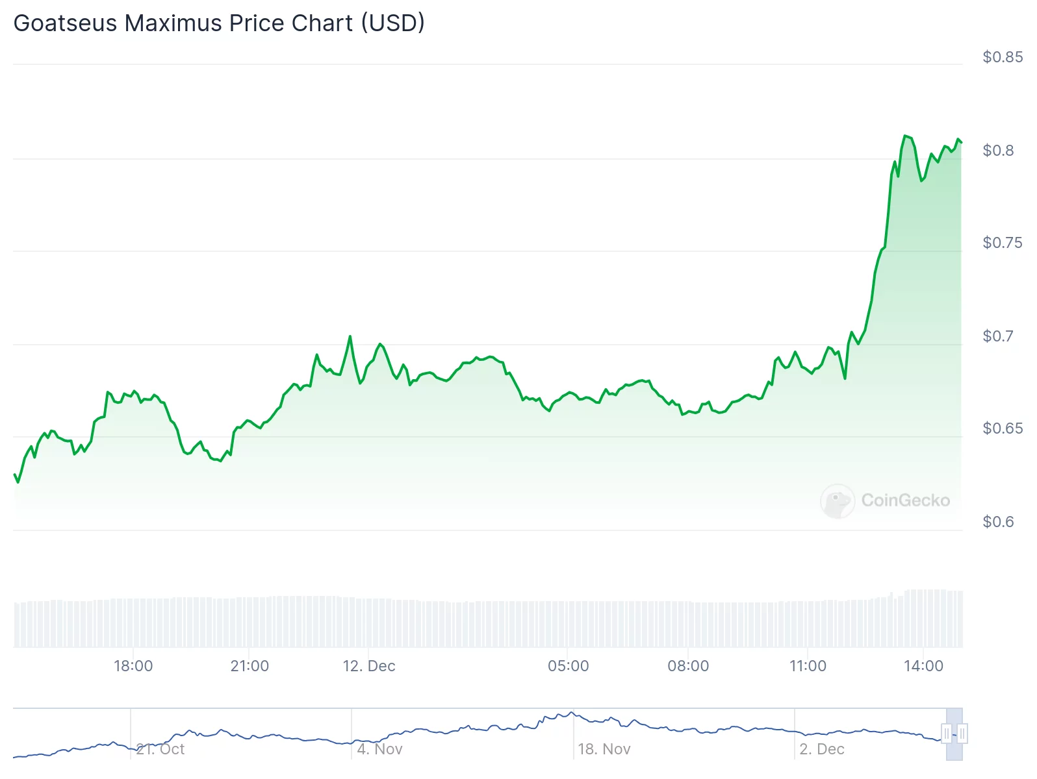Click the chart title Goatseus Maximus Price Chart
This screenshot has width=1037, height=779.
coord(218,23)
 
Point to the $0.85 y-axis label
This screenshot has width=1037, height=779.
coord(1002,57)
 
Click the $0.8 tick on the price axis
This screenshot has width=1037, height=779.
coord(997,151)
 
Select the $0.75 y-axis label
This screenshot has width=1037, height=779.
coord(1002,243)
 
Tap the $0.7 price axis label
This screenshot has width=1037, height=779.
coord(997,336)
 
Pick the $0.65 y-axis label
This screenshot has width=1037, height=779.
coord(1002,428)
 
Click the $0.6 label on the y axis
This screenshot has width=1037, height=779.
coord(997,522)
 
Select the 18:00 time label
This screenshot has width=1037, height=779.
coord(133,666)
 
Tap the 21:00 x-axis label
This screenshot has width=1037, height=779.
coord(250,666)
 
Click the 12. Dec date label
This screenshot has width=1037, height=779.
coord(369,666)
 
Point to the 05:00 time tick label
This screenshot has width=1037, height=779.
coord(568,666)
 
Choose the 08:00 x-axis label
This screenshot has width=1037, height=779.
coord(688,666)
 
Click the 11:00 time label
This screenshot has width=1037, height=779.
coord(808,666)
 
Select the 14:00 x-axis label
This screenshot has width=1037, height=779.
coord(923,666)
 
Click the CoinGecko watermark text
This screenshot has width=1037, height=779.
coord(905,501)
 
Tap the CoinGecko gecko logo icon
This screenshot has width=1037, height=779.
coord(837,501)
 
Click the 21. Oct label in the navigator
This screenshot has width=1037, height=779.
coord(160,749)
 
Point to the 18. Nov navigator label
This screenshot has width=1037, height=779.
coord(604,749)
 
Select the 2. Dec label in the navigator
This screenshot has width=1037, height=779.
coord(822,749)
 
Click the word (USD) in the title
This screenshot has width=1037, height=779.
coord(393,23)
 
